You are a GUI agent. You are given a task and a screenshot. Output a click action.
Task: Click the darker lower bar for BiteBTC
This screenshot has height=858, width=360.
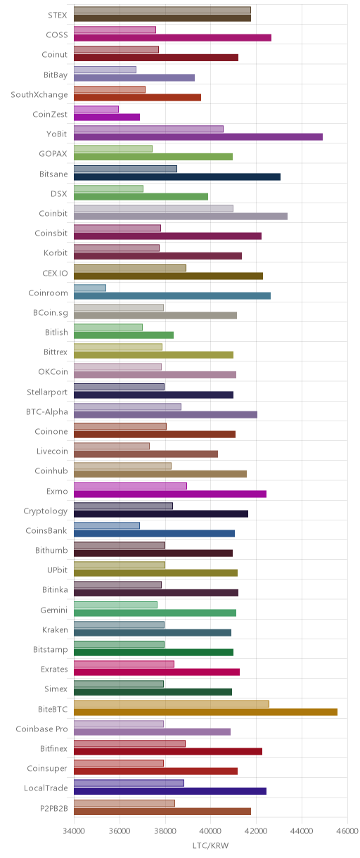coord(205,712)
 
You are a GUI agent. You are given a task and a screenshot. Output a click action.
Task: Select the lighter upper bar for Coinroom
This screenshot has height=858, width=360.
coord(90,288)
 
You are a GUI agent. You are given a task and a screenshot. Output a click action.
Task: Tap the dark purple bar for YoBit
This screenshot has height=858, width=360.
coord(198,136)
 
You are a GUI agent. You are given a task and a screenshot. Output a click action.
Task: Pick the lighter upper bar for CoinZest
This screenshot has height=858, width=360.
coord(96,109)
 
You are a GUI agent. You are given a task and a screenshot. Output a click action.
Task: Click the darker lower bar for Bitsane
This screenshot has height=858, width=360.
coord(177,177)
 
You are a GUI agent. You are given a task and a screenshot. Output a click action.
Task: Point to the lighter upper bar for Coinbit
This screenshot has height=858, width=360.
coord(153,208)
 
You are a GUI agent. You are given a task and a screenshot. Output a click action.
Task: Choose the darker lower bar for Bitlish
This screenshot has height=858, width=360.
coord(124,335)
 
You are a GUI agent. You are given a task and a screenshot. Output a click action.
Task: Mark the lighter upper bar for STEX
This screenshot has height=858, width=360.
coord(162,10)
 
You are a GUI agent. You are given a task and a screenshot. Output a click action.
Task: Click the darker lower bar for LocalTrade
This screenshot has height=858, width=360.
coord(170,791)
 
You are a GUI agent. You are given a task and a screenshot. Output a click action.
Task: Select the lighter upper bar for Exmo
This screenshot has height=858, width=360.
coord(130,486)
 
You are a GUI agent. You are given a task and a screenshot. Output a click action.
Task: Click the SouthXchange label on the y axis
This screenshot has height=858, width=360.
coord(39,95)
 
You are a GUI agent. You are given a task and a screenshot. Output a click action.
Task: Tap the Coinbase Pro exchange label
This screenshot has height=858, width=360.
coord(41,729)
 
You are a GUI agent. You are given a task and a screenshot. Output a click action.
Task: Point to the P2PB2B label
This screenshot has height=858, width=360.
coord(54,808)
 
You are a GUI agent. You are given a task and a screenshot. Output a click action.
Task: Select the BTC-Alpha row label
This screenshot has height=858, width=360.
coord(46,411)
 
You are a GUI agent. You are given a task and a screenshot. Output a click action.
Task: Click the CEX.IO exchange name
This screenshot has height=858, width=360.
coord(55,273)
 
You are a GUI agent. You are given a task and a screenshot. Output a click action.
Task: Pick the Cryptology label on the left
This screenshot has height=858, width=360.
coord(46,511)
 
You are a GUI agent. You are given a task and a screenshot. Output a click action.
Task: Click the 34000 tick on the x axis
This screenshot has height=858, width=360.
coord(74,831)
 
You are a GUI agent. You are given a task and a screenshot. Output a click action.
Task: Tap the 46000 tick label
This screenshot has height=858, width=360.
coord(347,831)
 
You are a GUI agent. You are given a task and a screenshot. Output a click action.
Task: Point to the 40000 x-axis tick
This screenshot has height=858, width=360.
coord(211,831)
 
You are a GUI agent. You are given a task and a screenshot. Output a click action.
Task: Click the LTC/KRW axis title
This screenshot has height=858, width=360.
coord(211,845)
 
